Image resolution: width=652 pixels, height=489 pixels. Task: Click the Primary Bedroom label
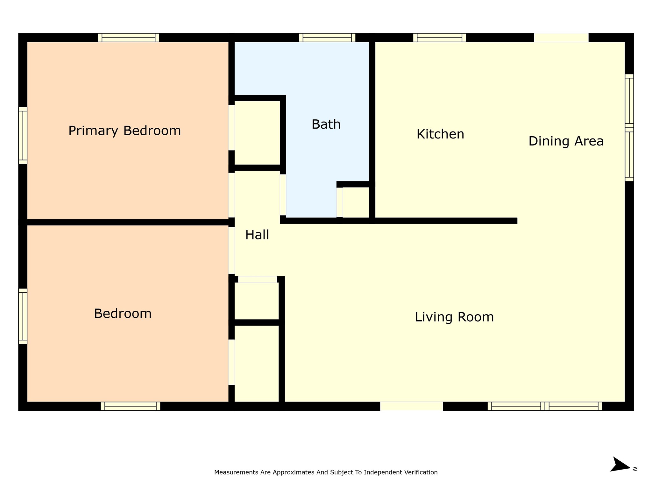point(124,131)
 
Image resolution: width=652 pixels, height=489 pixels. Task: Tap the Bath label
point(326,124)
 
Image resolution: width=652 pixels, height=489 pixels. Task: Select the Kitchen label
point(440,134)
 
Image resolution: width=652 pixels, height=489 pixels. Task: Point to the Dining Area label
point(566,141)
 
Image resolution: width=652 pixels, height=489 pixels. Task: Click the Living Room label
point(454,317)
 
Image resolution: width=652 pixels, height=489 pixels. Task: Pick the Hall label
point(257,235)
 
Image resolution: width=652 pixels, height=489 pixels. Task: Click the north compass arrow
point(620,465)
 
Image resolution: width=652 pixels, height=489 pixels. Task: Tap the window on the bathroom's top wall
point(327,38)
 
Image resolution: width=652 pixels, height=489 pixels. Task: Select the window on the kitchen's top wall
point(439,38)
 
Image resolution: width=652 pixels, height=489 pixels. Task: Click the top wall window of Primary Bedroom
point(129,38)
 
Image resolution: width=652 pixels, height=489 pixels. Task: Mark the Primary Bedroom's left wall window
point(23,136)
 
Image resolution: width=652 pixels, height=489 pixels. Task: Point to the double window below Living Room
point(545,406)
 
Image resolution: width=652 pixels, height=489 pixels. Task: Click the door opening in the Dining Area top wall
point(561,38)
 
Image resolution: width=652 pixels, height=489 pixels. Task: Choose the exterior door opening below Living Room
point(412,406)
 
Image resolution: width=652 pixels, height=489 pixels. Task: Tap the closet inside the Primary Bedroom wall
point(257,133)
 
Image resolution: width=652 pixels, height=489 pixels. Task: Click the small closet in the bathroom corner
point(356,202)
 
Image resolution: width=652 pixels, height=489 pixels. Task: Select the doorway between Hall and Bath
point(283,195)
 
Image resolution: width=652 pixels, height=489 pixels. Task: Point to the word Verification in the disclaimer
point(421,472)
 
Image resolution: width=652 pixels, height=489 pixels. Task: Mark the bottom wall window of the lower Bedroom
point(131,406)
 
